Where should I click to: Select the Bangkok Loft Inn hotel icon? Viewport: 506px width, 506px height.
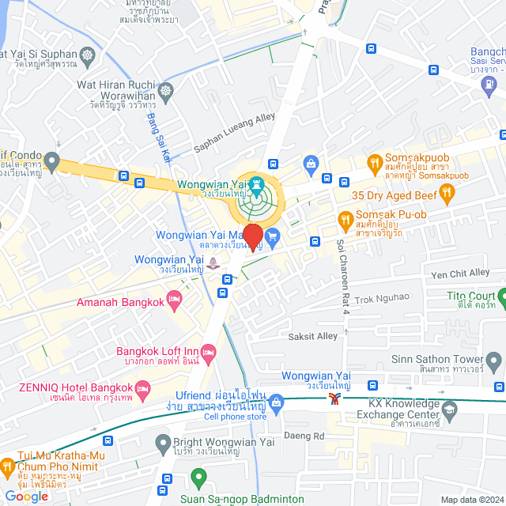[x=208, y=357]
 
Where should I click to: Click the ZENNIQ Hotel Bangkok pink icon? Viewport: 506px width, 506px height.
[x=143, y=388]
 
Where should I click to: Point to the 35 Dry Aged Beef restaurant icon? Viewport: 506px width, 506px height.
[x=447, y=191]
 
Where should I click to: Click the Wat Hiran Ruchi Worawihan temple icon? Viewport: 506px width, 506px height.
[x=165, y=90]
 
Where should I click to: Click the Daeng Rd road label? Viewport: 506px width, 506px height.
[x=309, y=436]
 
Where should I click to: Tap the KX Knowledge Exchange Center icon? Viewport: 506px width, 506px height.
[x=449, y=410]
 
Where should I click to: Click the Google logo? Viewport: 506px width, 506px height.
[x=26, y=497]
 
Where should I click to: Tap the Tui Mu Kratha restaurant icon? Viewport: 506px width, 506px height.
[x=7, y=466]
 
